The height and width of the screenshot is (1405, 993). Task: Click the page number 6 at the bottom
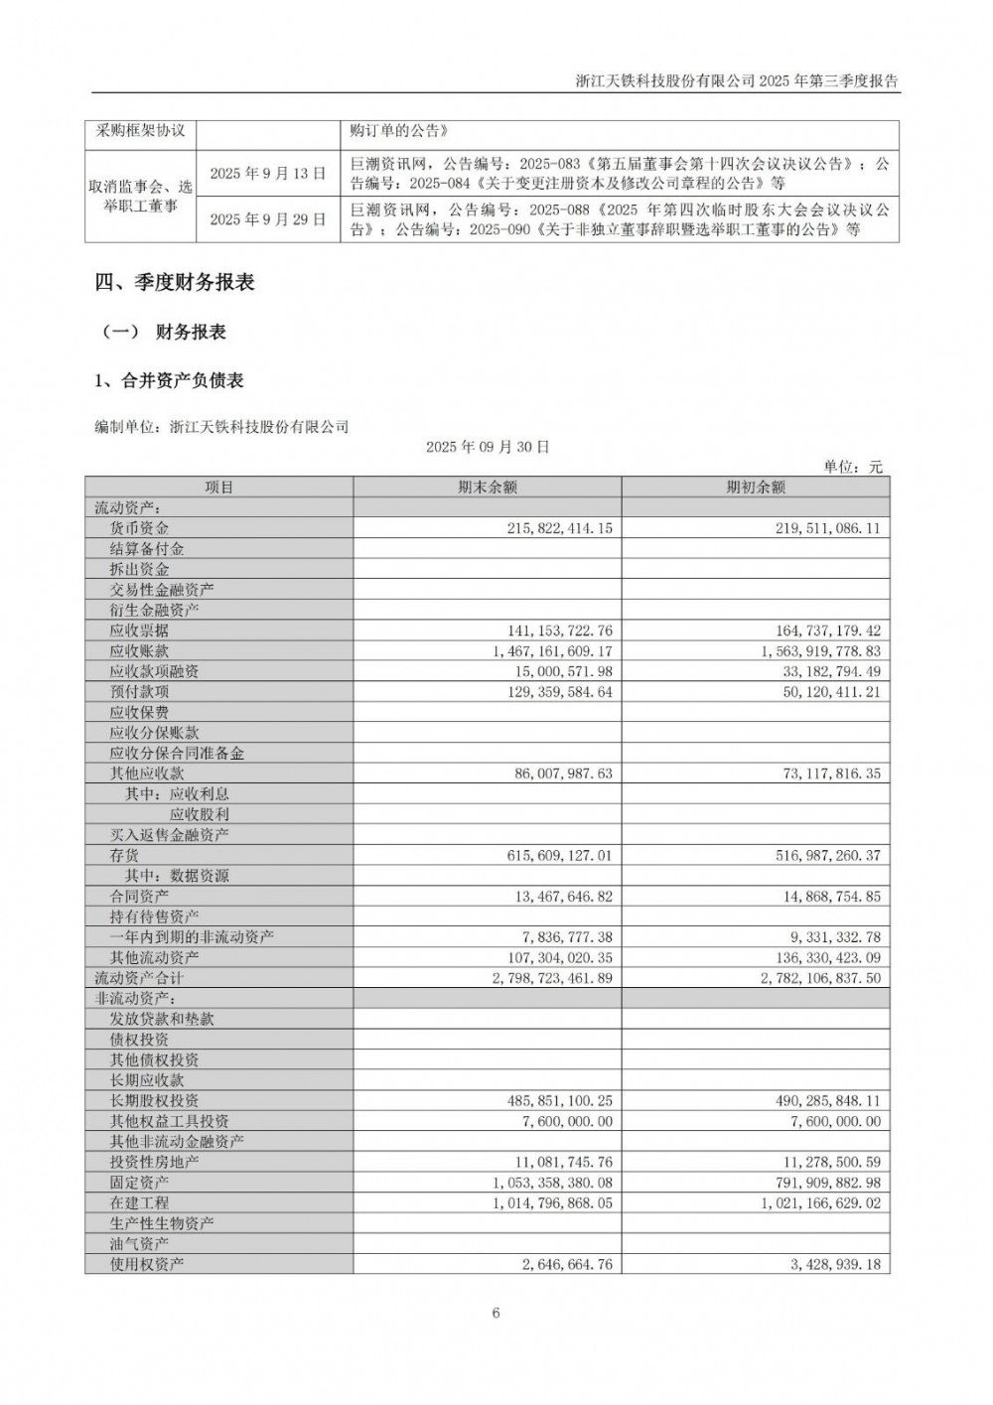point(496,1314)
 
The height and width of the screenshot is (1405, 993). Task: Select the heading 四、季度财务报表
point(175,283)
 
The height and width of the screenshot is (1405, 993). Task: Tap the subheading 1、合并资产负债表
point(169,380)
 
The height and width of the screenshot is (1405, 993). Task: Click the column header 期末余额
point(488,488)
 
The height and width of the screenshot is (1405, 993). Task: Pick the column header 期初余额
point(756,488)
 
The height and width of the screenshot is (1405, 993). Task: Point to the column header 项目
point(218,488)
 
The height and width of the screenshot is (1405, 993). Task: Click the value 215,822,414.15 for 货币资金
point(560,529)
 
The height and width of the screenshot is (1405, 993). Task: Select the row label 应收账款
point(139,651)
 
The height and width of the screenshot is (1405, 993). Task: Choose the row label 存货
point(124,855)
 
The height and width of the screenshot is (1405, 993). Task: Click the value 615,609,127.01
point(560,855)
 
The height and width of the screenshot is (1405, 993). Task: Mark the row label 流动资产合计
point(139,978)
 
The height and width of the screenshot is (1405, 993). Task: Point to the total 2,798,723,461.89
point(552,978)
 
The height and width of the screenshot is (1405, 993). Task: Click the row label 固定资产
point(139,1183)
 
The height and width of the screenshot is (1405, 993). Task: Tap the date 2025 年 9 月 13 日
point(268,173)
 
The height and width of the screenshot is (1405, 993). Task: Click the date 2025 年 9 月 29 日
point(268,219)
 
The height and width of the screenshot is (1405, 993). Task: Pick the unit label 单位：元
point(853,467)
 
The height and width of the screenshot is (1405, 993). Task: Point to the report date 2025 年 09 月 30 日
point(488,447)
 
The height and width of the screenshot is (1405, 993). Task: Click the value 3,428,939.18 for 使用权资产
point(829,1265)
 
